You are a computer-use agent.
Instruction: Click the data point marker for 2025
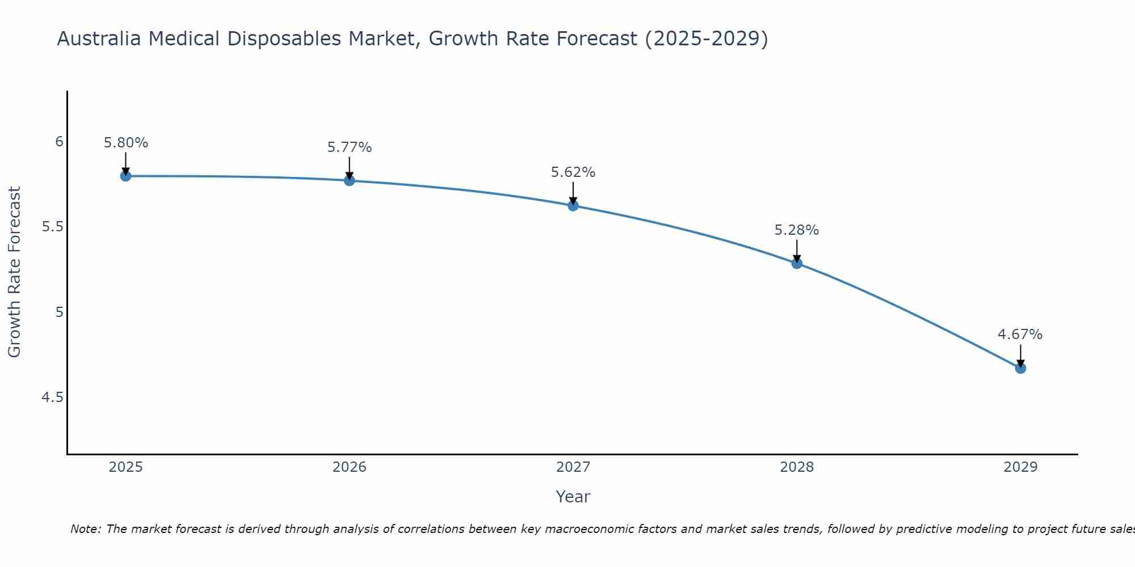coord(126,176)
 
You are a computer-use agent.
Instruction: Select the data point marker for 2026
coord(350,180)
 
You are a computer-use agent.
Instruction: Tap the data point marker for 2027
coord(573,206)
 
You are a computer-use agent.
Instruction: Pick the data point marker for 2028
coord(797,263)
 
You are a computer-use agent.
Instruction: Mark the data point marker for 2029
coord(1020,368)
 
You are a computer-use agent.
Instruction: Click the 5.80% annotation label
coord(126,143)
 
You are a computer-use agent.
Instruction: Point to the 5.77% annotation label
coord(350,147)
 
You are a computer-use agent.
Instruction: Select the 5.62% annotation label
coord(573,172)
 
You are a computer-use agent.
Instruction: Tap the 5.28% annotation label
coord(797,230)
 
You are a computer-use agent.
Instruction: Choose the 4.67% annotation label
coord(1020,335)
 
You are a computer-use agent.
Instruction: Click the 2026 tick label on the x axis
coord(350,467)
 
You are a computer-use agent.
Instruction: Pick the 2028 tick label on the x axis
coord(797,467)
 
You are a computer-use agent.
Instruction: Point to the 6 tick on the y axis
coord(59,142)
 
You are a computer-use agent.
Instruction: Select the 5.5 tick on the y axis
coord(53,227)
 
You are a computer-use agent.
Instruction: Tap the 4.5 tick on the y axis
coord(53,397)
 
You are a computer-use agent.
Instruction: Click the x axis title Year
coord(573,497)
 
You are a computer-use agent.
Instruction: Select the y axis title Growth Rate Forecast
coord(14,272)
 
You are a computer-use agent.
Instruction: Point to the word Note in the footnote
coord(85,529)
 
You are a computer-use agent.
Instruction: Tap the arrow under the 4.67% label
coord(1020,356)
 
